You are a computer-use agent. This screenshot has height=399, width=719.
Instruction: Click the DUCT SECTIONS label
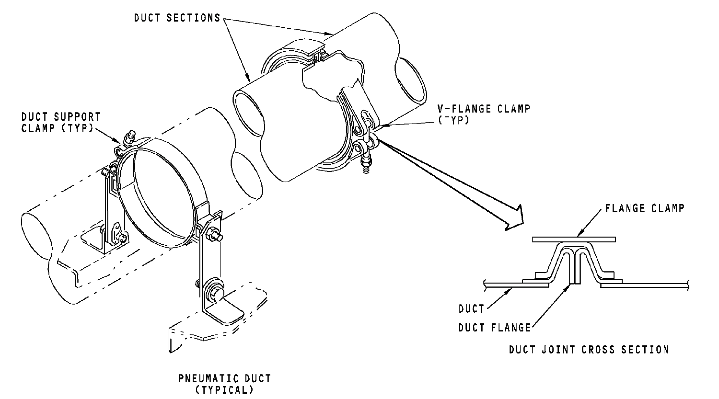click(x=177, y=18)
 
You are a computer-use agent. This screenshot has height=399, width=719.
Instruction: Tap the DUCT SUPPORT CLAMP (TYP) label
click(x=61, y=122)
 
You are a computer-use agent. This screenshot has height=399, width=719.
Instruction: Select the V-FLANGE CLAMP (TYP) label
click(x=484, y=114)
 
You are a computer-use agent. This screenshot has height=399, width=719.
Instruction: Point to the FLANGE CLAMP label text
click(x=645, y=208)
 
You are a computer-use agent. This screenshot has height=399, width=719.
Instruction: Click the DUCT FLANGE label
click(x=495, y=328)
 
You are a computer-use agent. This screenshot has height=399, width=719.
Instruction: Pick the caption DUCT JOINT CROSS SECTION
click(x=589, y=349)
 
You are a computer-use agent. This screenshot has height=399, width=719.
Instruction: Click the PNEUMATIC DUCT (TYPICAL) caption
click(x=225, y=384)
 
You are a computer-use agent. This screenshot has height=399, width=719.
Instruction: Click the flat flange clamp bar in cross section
click(x=574, y=239)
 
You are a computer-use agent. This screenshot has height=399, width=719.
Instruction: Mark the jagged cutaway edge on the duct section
click(x=334, y=77)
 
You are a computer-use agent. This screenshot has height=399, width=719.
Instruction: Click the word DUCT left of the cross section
click(x=471, y=309)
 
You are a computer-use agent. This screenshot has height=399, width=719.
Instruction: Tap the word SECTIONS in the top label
click(x=194, y=18)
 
